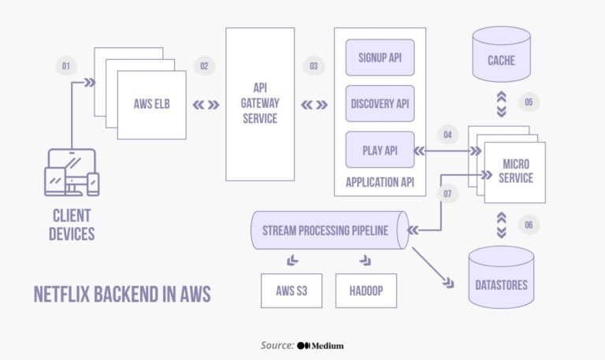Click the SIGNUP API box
pyautogui.click(x=380, y=58)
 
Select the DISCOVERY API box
pyautogui.click(x=380, y=104)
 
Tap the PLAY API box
pyautogui.click(x=380, y=150)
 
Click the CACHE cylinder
pyautogui.click(x=501, y=60)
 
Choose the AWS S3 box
pyautogui.click(x=291, y=291)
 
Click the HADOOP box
pyautogui.click(x=366, y=291)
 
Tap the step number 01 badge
pyautogui.click(x=66, y=66)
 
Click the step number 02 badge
pyautogui.click(x=204, y=66)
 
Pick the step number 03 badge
pyautogui.click(x=314, y=66)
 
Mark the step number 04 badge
pyautogui.click(x=447, y=134)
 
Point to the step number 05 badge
pyautogui.click(x=529, y=102)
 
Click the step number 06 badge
pyautogui.click(x=529, y=225)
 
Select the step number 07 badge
pyautogui.click(x=447, y=193)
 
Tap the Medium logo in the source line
pyautogui.click(x=321, y=345)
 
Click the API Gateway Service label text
pyautogui.click(x=259, y=103)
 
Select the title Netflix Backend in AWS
pyautogui.click(x=122, y=294)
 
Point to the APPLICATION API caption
pyautogui.click(x=380, y=182)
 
